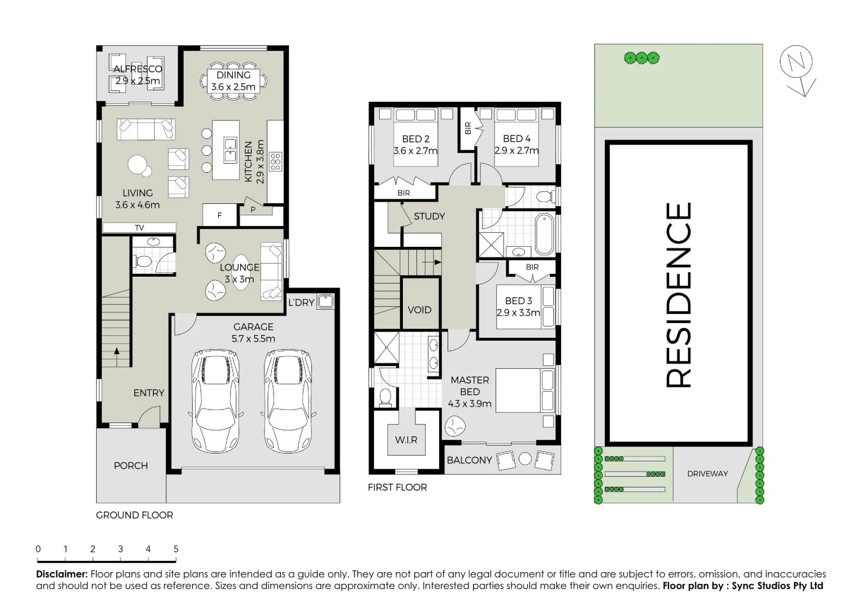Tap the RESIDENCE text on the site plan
pyautogui.click(x=678, y=294)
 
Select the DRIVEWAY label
pyautogui.click(x=707, y=474)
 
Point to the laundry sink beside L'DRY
pyautogui.click(x=326, y=302)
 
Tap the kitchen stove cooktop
pyautogui.click(x=275, y=161)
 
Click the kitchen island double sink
pyautogui.click(x=230, y=150)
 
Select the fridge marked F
pyautogui.click(x=220, y=215)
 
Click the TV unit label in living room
pyautogui.click(x=139, y=228)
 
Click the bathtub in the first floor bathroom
pyautogui.click(x=545, y=234)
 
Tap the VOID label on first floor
pyautogui.click(x=419, y=310)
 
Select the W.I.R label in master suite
pyautogui.click(x=406, y=440)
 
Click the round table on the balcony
pyautogui.click(x=525, y=459)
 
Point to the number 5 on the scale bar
pyautogui.click(x=176, y=549)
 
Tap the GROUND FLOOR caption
pyautogui.click(x=135, y=515)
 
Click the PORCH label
pyautogui.click(x=131, y=466)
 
